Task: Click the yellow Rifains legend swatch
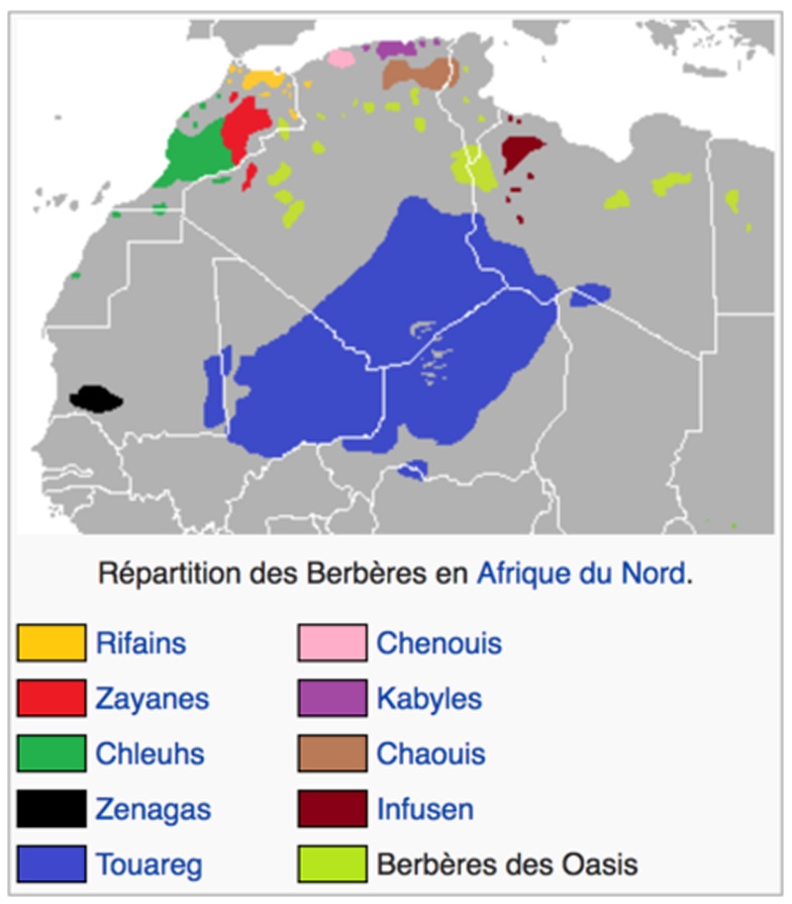coord(51,643)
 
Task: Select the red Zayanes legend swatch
coord(51,698)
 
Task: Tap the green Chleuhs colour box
coord(51,754)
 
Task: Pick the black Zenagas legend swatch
coord(51,809)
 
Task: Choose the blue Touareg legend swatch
coord(51,864)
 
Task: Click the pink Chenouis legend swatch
coord(333,643)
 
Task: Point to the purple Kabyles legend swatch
coord(333,698)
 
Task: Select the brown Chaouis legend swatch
coord(333,754)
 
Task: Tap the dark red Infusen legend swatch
coord(333,809)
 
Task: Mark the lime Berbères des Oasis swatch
coord(333,864)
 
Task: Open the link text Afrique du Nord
coord(581,574)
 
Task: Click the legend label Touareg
coord(148,865)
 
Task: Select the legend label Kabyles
coord(429,699)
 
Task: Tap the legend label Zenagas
coord(152,810)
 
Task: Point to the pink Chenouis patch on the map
coord(341,58)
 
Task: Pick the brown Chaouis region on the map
coord(416,73)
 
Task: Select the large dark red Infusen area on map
coord(520,151)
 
